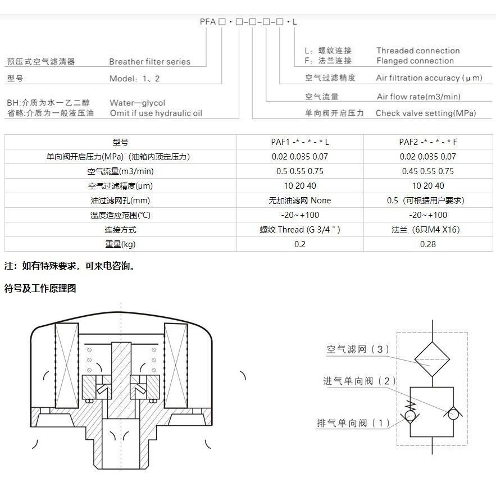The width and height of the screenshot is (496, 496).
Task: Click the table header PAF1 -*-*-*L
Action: (300, 142)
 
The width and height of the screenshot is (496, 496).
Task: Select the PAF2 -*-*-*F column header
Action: (428, 142)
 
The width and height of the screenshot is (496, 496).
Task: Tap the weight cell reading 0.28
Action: (428, 244)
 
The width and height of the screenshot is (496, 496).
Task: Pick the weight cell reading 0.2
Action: (300, 244)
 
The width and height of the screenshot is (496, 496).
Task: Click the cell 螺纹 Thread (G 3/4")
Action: (300, 230)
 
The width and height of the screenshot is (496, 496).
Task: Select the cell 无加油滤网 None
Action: (300, 201)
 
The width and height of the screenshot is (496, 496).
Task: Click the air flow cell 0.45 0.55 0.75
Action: (428, 171)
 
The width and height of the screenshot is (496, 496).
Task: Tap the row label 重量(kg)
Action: (120, 244)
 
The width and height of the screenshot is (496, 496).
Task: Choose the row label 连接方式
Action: (120, 230)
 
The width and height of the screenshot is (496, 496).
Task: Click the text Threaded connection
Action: (418, 51)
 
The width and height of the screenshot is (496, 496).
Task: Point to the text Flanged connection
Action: (415, 61)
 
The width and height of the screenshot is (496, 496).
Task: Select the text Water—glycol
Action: (137, 103)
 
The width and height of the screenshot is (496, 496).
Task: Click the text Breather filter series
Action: (149, 62)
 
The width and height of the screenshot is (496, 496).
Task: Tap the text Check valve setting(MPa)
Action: (426, 113)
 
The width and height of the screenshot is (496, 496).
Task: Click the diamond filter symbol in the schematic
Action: (432, 360)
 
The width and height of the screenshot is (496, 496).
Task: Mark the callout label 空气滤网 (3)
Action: (358, 349)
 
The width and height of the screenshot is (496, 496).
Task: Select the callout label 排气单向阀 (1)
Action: (353, 423)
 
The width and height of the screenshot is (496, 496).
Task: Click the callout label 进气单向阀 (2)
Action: (360, 381)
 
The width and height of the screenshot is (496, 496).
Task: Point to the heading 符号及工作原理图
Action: (40, 289)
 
